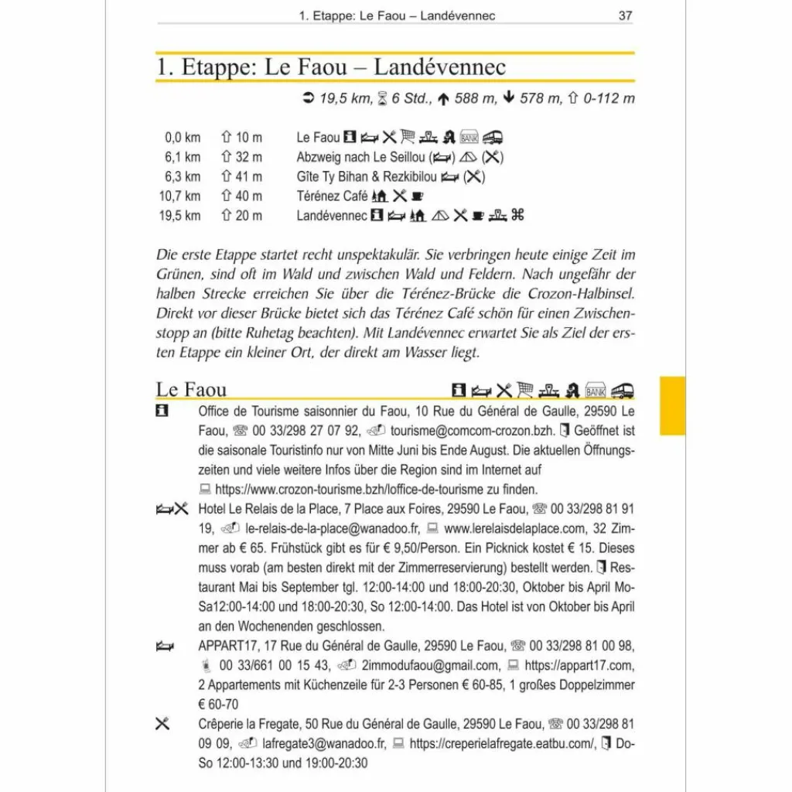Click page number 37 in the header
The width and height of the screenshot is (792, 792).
[625, 15]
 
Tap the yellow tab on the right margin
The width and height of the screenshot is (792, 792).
[672, 406]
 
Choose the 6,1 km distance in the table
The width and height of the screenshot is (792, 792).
[182, 157]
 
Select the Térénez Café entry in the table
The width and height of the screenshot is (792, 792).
[332, 196]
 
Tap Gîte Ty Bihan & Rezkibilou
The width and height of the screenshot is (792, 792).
[367, 176]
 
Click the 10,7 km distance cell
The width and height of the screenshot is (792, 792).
[180, 196]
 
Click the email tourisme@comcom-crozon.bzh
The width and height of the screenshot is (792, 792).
[464, 431]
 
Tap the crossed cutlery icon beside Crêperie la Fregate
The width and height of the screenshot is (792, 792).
[162, 725]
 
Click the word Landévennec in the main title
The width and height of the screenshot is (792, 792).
[439, 67]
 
